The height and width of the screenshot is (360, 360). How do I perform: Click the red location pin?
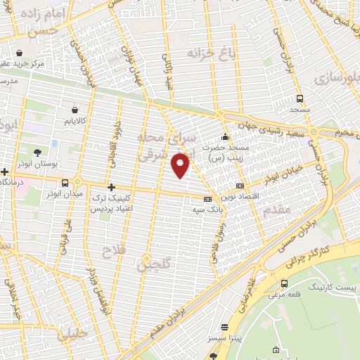point(181,165)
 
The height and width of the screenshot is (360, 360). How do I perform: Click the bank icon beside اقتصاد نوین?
point(240,186)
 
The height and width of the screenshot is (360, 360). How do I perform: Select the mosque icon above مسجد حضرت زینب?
point(225,136)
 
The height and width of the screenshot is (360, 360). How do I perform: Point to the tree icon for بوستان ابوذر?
point(36,152)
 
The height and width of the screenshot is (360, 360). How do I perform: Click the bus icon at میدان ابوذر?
point(65,184)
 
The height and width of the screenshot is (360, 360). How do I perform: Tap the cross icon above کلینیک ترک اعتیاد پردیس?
point(111,186)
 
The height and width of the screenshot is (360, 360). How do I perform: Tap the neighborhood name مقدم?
point(274,210)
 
